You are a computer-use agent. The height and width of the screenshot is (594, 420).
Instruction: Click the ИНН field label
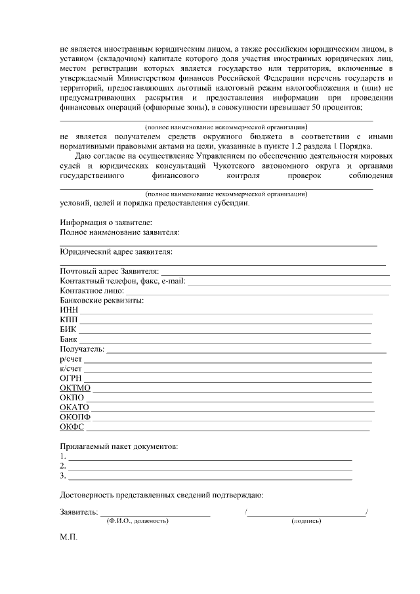[69, 310]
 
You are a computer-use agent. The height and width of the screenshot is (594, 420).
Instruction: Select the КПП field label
[69, 320]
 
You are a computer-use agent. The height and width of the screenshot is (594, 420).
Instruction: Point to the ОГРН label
[71, 378]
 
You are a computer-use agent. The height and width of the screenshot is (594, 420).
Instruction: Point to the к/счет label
[70, 369]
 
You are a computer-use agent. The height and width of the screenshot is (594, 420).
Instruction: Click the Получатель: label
[82, 349]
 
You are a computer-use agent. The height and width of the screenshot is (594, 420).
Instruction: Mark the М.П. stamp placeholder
[69, 536]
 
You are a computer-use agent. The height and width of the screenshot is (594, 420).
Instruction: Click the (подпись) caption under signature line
[306, 520]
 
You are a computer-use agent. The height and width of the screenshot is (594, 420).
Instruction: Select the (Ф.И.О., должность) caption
[137, 520]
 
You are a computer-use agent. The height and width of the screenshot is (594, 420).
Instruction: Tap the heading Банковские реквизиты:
[102, 301]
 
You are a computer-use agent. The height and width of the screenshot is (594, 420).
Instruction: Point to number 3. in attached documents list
[63, 476]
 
